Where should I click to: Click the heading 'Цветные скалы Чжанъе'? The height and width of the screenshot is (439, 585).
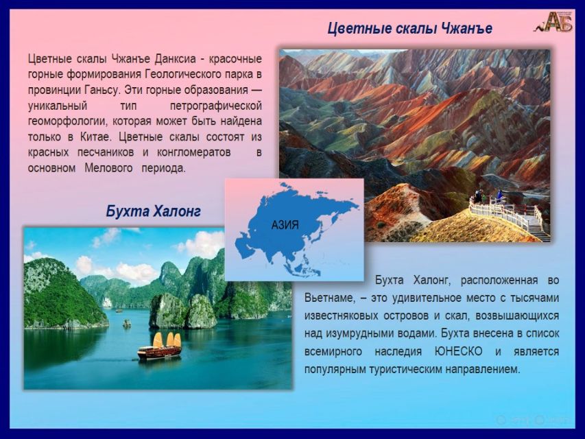[x=409, y=28]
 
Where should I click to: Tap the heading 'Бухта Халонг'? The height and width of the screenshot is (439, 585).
[x=154, y=211]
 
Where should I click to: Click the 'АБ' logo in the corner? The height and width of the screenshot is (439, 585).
[x=553, y=22]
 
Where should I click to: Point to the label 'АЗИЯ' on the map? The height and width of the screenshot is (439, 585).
[x=285, y=225]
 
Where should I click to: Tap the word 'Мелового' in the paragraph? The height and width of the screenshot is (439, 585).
[x=108, y=168]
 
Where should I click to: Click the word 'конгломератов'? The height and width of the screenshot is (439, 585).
[x=193, y=153]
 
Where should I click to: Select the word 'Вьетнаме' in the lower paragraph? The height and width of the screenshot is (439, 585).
[x=329, y=298]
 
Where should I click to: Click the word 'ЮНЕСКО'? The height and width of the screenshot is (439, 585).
[x=458, y=352]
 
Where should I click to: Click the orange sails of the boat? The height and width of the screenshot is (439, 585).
[x=167, y=340]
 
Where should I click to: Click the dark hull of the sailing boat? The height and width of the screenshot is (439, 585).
[x=159, y=353]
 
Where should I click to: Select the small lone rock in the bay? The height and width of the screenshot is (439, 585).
[x=127, y=323]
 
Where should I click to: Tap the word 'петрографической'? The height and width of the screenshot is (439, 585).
[x=215, y=106]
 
